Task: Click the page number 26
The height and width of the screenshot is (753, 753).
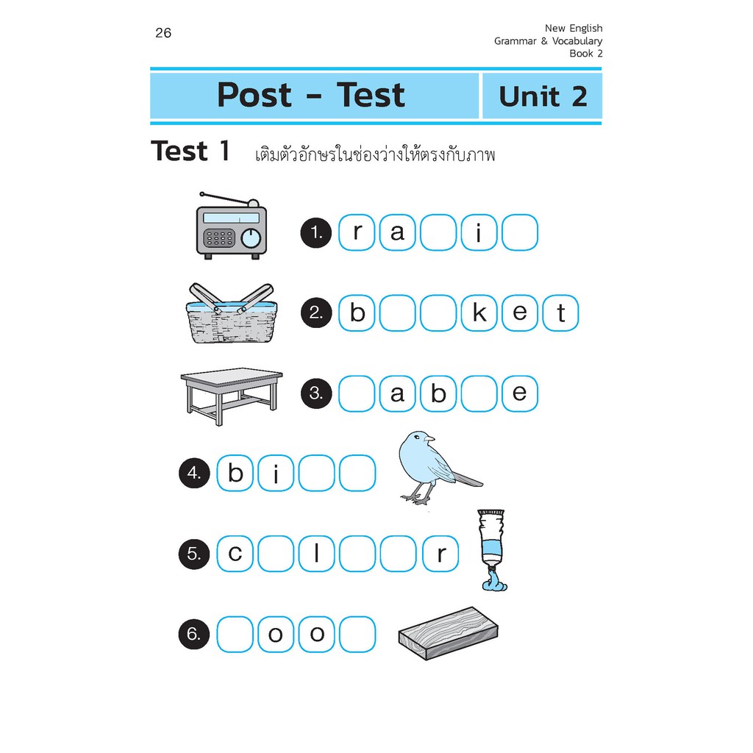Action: [x=163, y=32]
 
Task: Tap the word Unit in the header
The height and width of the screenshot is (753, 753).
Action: [x=529, y=96]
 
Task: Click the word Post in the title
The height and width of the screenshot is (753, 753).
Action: [x=254, y=95]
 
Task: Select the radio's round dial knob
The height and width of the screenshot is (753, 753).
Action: [x=251, y=238]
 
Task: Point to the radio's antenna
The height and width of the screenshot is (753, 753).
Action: [x=226, y=199]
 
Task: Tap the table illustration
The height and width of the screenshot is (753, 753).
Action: [x=232, y=396]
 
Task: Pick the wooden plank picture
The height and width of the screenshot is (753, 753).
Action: [x=448, y=633]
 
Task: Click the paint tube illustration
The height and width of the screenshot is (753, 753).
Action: [x=493, y=550]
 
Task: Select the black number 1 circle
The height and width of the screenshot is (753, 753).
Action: [x=316, y=233]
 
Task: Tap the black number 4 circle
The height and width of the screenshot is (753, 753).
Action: [x=194, y=474]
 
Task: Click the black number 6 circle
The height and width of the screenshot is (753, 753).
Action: [x=194, y=635]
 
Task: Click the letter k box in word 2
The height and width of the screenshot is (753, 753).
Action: [x=479, y=313]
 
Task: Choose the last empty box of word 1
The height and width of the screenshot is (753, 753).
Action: [x=520, y=233]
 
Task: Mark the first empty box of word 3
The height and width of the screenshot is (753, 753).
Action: [x=357, y=394]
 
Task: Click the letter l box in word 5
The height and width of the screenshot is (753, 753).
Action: [x=316, y=554]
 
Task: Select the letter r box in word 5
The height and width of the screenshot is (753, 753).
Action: [x=440, y=554]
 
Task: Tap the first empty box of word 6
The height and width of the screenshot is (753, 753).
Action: [x=235, y=635]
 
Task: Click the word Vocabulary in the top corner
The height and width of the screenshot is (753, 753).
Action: [x=577, y=41]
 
